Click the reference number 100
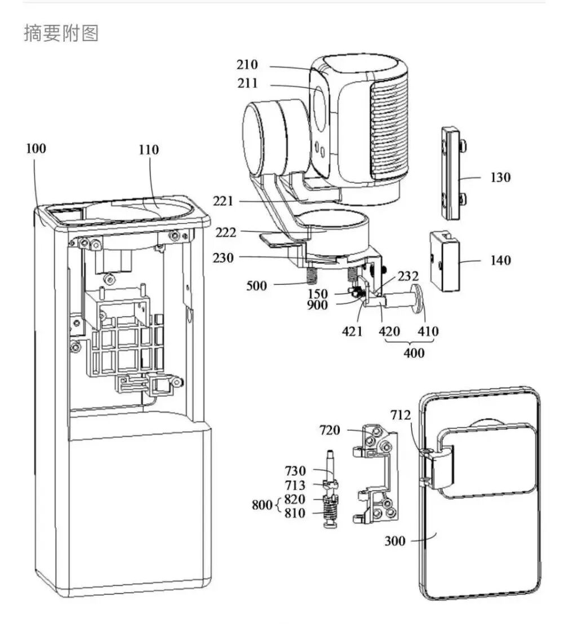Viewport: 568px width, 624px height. pyautogui.click(x=36, y=149)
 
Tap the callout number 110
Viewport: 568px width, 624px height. pyautogui.click(x=149, y=150)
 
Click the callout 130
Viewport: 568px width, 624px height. pyautogui.click(x=500, y=178)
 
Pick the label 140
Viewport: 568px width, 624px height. pyautogui.click(x=500, y=260)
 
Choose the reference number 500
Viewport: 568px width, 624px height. pyautogui.click(x=256, y=286)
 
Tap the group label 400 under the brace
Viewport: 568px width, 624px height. pyautogui.click(x=414, y=354)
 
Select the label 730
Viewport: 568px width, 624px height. pyautogui.click(x=310, y=471)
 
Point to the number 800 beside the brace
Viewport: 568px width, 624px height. pyautogui.click(x=262, y=504)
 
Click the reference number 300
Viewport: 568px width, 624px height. pyautogui.click(x=395, y=541)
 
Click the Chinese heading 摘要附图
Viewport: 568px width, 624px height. pyautogui.click(x=61, y=33)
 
